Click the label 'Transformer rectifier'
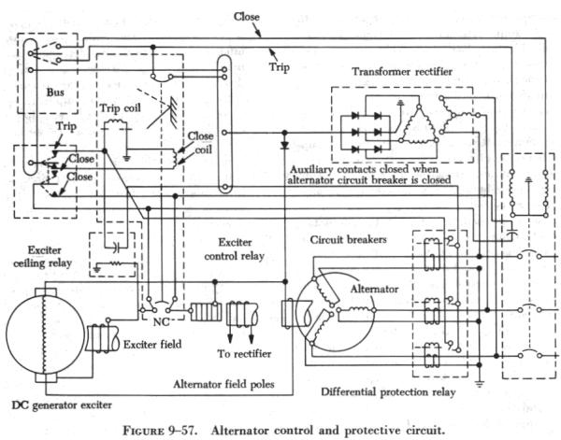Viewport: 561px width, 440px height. click(401, 72)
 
